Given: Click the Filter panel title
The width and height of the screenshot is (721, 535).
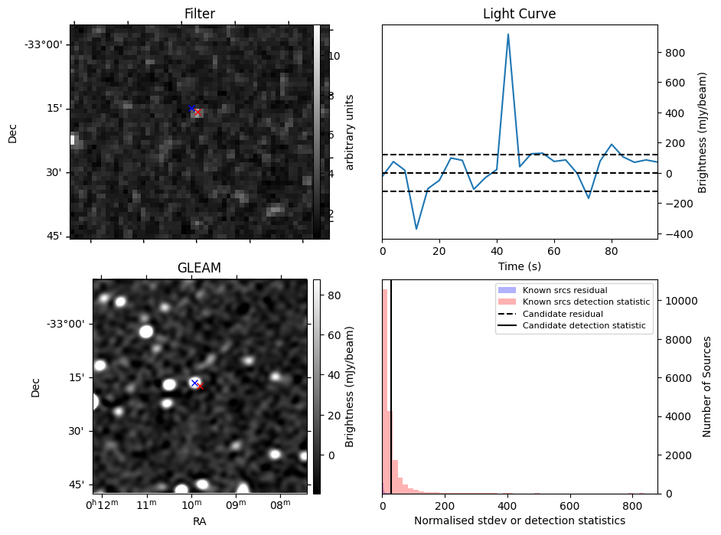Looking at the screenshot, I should [199, 14].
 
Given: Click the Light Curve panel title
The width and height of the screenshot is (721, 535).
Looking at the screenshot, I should [519, 14].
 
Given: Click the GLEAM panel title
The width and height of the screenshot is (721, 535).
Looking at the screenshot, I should [199, 268].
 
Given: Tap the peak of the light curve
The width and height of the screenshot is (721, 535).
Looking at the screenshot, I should [507, 34].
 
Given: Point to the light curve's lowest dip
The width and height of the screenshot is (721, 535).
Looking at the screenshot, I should [416, 229].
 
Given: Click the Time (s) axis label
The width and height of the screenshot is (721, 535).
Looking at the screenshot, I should [519, 265].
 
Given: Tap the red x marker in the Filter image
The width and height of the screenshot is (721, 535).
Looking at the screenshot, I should [197, 113].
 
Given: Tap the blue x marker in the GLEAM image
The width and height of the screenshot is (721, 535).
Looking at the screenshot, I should [194, 383].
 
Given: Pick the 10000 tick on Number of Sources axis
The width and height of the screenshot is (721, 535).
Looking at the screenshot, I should [678, 301].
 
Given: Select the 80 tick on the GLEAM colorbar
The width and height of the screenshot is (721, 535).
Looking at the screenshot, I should [334, 295].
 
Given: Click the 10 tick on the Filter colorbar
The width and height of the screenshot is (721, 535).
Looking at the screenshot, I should [334, 56].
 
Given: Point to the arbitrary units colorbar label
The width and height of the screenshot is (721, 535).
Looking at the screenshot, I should [351, 132].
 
